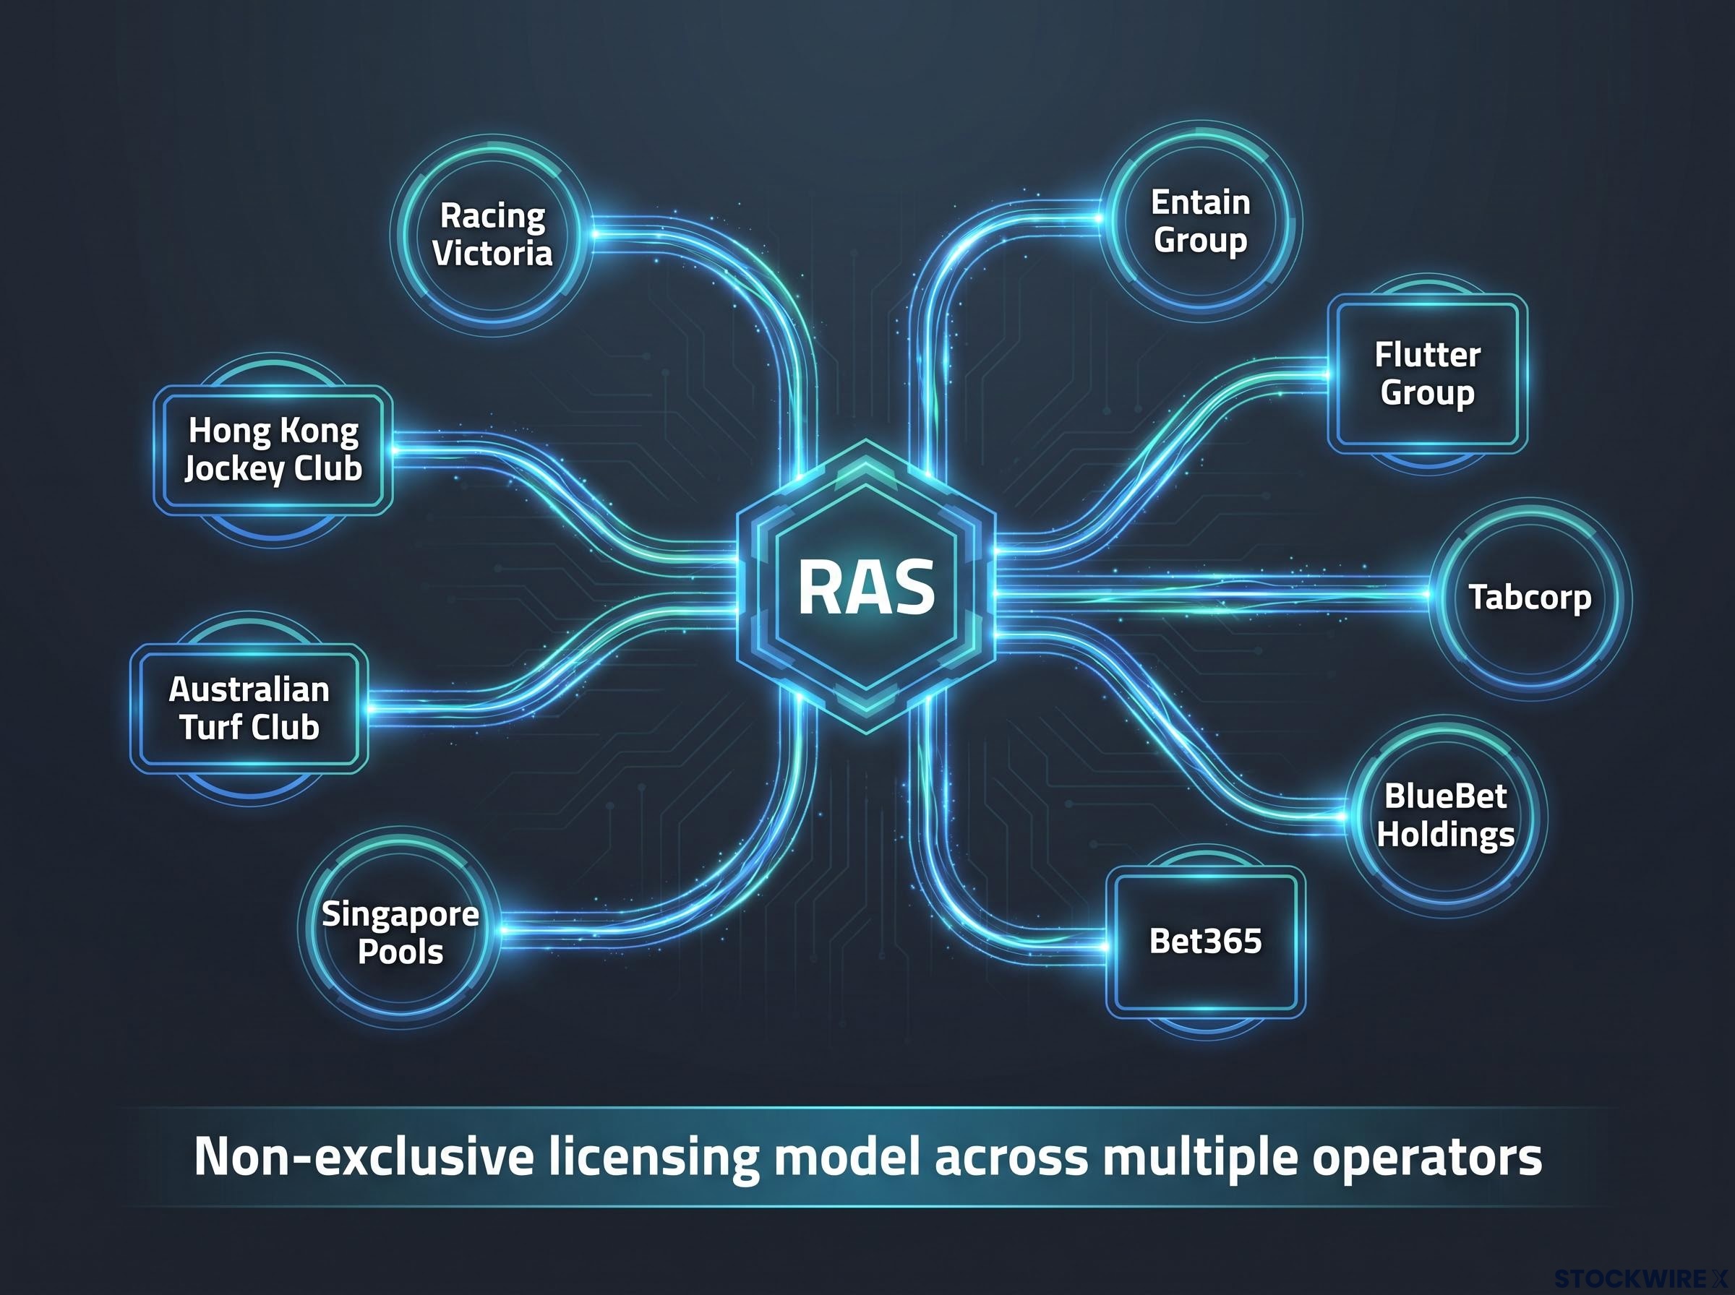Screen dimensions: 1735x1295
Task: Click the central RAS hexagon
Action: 865,587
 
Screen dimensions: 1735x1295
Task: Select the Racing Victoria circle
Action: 492,235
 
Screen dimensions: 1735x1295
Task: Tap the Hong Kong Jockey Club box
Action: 273,450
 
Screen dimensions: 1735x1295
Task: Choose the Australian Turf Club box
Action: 249,709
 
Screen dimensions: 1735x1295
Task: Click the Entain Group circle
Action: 1200,221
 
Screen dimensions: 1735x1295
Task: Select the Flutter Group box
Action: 1428,374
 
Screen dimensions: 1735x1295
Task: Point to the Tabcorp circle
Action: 1530,598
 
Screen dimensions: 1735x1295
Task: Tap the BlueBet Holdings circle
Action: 1447,816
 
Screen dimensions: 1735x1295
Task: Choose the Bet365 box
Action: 1206,942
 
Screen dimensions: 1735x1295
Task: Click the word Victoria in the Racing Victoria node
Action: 492,253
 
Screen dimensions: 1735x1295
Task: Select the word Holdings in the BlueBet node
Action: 1446,835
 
